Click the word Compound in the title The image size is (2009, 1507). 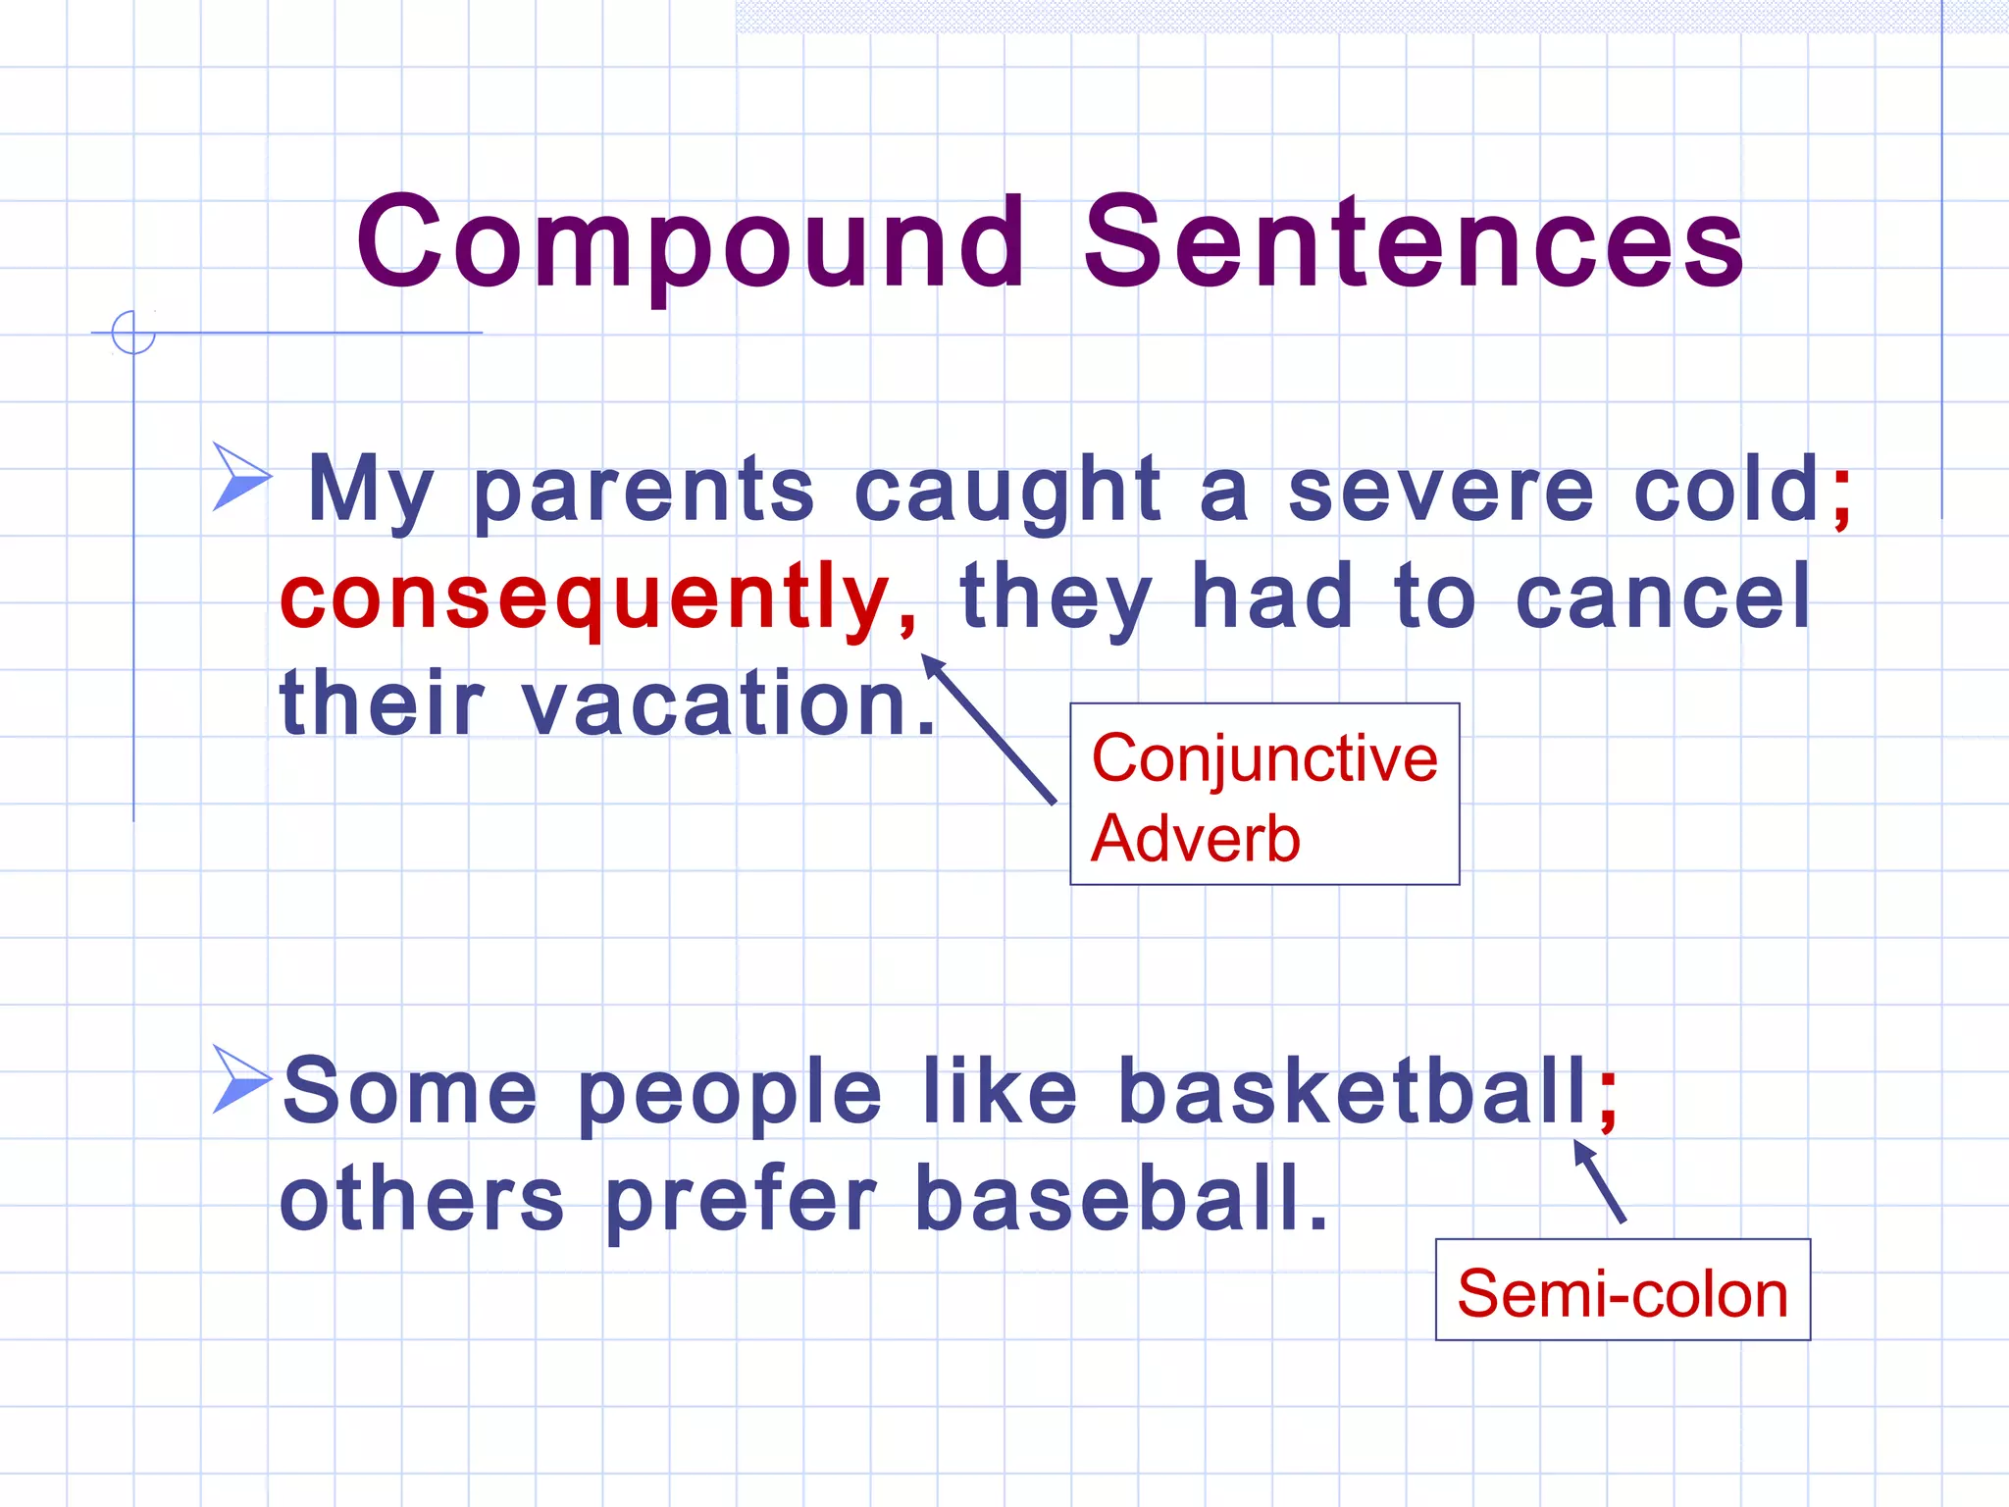pos(691,243)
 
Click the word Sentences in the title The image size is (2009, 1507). pos(1413,243)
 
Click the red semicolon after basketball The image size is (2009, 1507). pos(1608,1096)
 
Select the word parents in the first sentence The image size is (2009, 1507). pos(644,491)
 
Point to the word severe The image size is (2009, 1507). pos(1440,491)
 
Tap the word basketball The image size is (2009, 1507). pos(1352,1091)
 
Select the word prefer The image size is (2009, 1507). pos(740,1201)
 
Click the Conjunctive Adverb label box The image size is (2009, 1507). pos(1263,795)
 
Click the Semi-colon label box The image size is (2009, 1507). pos(1622,1290)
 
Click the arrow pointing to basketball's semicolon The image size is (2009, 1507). pos(1599,1181)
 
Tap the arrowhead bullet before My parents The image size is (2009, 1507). pos(240,477)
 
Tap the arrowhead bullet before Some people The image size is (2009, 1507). pos(240,1079)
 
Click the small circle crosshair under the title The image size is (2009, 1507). pos(133,333)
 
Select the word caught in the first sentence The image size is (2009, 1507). pos(1006,491)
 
